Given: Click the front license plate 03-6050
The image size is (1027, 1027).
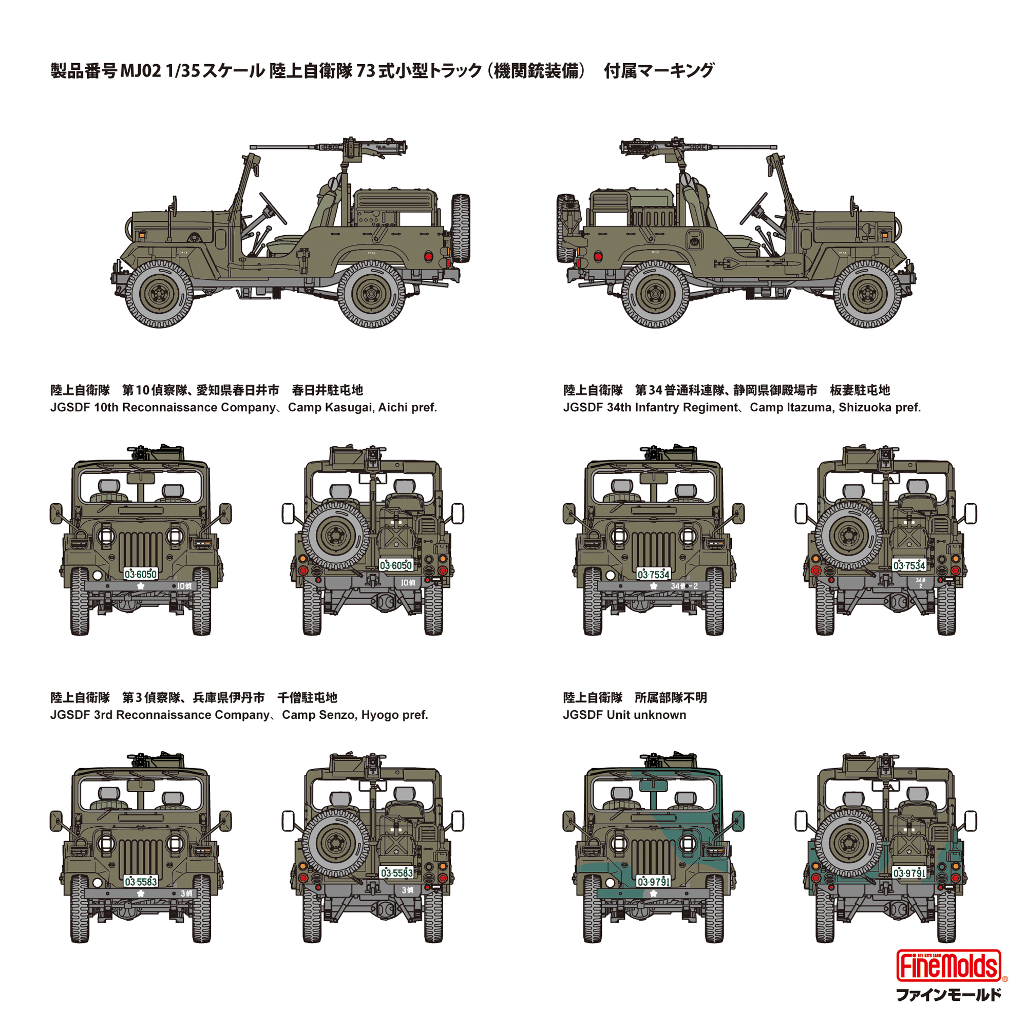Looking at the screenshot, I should pyautogui.click(x=140, y=574).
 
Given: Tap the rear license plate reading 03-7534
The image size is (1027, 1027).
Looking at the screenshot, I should pyautogui.click(x=909, y=565).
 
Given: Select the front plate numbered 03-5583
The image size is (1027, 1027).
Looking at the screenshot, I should pyautogui.click(x=140, y=881).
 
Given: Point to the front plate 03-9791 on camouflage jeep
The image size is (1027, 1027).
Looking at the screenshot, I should pyautogui.click(x=653, y=881).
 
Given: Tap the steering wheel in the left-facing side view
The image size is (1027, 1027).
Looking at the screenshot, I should pyautogui.click(x=272, y=208).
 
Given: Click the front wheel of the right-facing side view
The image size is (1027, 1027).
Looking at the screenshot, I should pyautogui.click(x=867, y=293).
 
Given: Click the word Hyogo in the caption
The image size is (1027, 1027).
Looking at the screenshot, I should pyautogui.click(x=378, y=715).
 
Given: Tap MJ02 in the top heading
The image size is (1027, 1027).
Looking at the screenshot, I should pyautogui.click(x=140, y=71).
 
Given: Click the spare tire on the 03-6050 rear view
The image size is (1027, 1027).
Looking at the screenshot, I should pyautogui.click(x=336, y=535).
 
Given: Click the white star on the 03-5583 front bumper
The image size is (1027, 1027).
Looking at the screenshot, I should pyautogui.click(x=140, y=893).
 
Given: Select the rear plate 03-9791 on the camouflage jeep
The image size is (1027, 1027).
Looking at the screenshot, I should pyautogui.click(x=909, y=872).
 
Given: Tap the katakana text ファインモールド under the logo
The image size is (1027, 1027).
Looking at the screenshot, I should pyautogui.click(x=948, y=995).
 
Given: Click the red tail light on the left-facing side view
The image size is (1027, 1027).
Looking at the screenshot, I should pyautogui.click(x=428, y=257).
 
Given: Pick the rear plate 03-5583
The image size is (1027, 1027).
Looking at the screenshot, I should pyautogui.click(x=396, y=872).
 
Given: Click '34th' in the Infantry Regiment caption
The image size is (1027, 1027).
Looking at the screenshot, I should pyautogui.click(x=619, y=408).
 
